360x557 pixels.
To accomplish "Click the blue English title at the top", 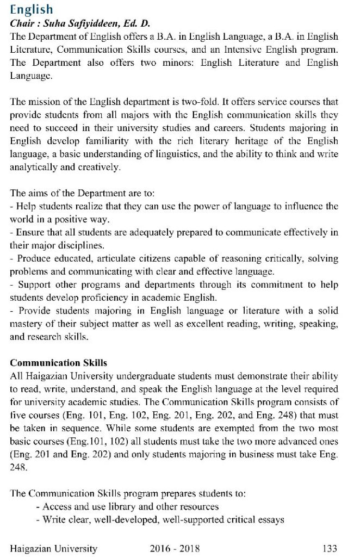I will [x=31, y=10].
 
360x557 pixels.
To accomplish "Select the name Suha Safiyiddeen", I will [x=82, y=23].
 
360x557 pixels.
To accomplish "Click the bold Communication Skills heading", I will [x=58, y=363].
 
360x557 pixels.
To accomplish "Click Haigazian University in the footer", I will [x=53, y=548].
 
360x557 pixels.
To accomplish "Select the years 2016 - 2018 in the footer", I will [x=175, y=548].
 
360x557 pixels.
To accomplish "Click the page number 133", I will [x=330, y=548].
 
